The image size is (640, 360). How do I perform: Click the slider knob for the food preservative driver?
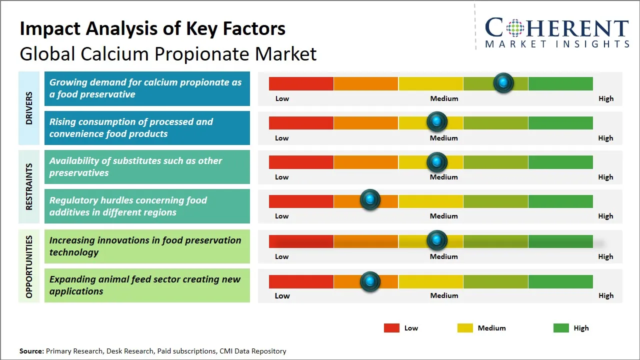[503, 82]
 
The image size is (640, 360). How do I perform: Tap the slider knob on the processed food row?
[437, 121]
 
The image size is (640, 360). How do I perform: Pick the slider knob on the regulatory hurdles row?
[370, 200]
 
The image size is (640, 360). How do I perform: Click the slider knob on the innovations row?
[437, 240]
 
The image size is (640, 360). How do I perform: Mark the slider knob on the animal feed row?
[370, 281]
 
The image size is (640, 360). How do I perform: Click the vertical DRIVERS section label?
[29, 108]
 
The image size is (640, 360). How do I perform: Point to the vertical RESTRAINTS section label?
[29, 186]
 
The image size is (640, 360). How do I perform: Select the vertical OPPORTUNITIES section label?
[29, 266]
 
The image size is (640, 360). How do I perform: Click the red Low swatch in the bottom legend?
[391, 328]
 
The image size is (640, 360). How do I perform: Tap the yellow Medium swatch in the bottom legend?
[465, 328]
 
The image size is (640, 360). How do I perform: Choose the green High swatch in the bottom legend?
[561, 328]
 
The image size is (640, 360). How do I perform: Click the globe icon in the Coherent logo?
[515, 28]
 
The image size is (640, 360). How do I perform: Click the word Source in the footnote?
[31, 351]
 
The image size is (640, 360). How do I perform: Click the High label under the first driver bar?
[606, 98]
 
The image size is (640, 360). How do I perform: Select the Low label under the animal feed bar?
[282, 295]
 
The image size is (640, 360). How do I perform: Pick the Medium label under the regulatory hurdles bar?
[444, 216]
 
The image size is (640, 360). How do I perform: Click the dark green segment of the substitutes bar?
[560, 162]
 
